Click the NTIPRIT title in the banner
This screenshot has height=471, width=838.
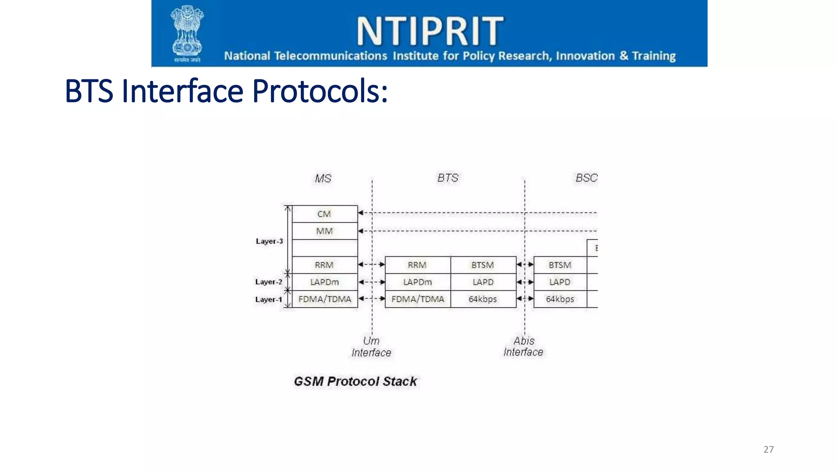click(430, 31)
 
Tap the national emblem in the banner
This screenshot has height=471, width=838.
click(187, 33)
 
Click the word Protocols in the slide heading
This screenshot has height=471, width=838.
click(320, 91)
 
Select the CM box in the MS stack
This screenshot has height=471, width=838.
click(324, 214)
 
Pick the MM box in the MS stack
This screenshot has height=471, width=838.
click(324, 231)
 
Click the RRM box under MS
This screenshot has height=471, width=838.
click(324, 265)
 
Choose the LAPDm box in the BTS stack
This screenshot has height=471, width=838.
click(417, 282)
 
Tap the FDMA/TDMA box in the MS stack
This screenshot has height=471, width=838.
click(324, 299)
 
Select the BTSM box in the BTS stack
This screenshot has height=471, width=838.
click(483, 265)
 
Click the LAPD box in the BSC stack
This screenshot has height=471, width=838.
click(560, 282)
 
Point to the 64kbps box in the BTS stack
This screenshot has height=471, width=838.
click(483, 299)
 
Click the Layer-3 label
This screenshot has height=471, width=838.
click(269, 241)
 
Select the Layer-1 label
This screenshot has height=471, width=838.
click(268, 300)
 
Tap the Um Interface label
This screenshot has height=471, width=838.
click(371, 347)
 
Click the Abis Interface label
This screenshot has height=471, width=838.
click(523, 347)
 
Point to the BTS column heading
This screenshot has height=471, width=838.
click(448, 178)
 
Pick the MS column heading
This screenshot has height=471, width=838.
click(323, 179)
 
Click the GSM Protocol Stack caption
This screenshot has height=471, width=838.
click(355, 381)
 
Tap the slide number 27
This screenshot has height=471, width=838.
click(768, 450)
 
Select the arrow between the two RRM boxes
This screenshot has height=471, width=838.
click(372, 265)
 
